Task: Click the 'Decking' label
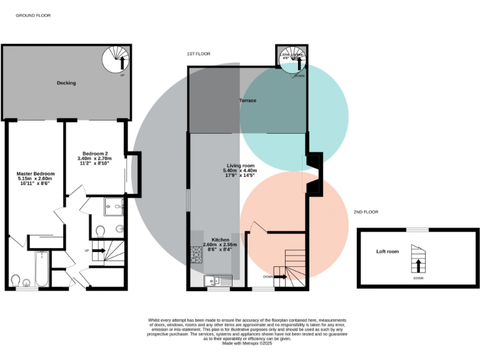click(x=66, y=83)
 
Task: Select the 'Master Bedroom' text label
click(x=36, y=177)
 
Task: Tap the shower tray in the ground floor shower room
click(x=114, y=207)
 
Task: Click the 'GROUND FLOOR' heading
click(x=33, y=15)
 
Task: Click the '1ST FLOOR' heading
click(x=198, y=54)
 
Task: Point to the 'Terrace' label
click(x=248, y=100)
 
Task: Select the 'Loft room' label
click(x=387, y=251)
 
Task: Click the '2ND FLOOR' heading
click(x=366, y=212)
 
